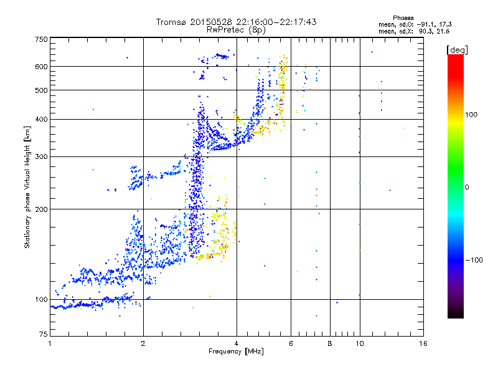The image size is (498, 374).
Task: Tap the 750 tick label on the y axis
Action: pos(41,39)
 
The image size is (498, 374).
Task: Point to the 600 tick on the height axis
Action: pos(41,66)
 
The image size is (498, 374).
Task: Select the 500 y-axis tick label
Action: pos(41,90)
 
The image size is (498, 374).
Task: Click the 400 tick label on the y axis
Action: pos(41,118)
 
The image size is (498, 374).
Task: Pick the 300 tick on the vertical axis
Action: pos(41,156)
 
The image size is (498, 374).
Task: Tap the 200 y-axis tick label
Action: pos(41,209)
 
